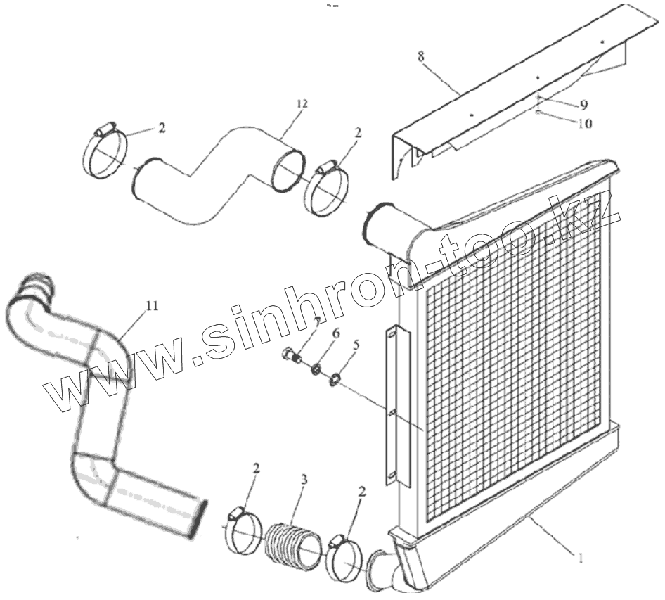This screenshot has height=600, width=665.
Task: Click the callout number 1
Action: click(581, 559)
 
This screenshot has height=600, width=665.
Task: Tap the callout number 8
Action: click(421, 56)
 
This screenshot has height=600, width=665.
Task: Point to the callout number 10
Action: click(585, 123)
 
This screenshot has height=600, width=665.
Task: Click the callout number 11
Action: click(153, 306)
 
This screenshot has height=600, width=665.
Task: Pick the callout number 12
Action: click(302, 103)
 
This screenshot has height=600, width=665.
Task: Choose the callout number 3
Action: click(304, 480)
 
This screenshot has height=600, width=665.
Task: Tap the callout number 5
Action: click(356, 345)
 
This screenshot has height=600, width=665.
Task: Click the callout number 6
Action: click(335, 333)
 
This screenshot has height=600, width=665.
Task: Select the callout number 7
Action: click(316, 322)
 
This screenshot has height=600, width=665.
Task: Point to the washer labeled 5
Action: click(335, 381)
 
